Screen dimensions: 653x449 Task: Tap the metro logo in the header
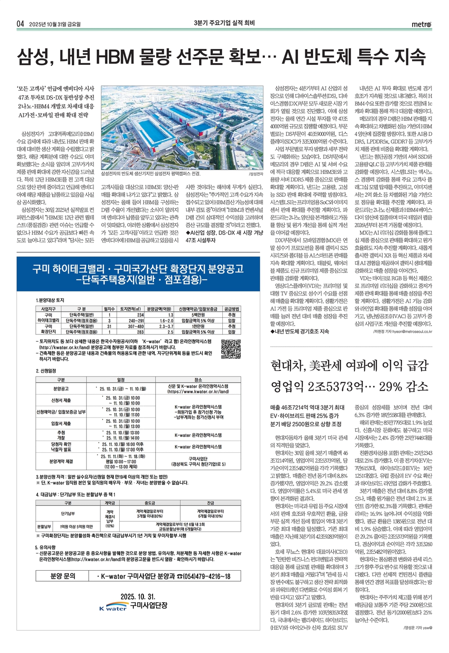(x=421, y=24)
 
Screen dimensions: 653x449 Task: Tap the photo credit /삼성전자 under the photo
(x=256, y=174)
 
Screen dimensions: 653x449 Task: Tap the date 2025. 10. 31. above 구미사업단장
(x=138, y=597)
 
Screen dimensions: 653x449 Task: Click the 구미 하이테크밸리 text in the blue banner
(x=71, y=269)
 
